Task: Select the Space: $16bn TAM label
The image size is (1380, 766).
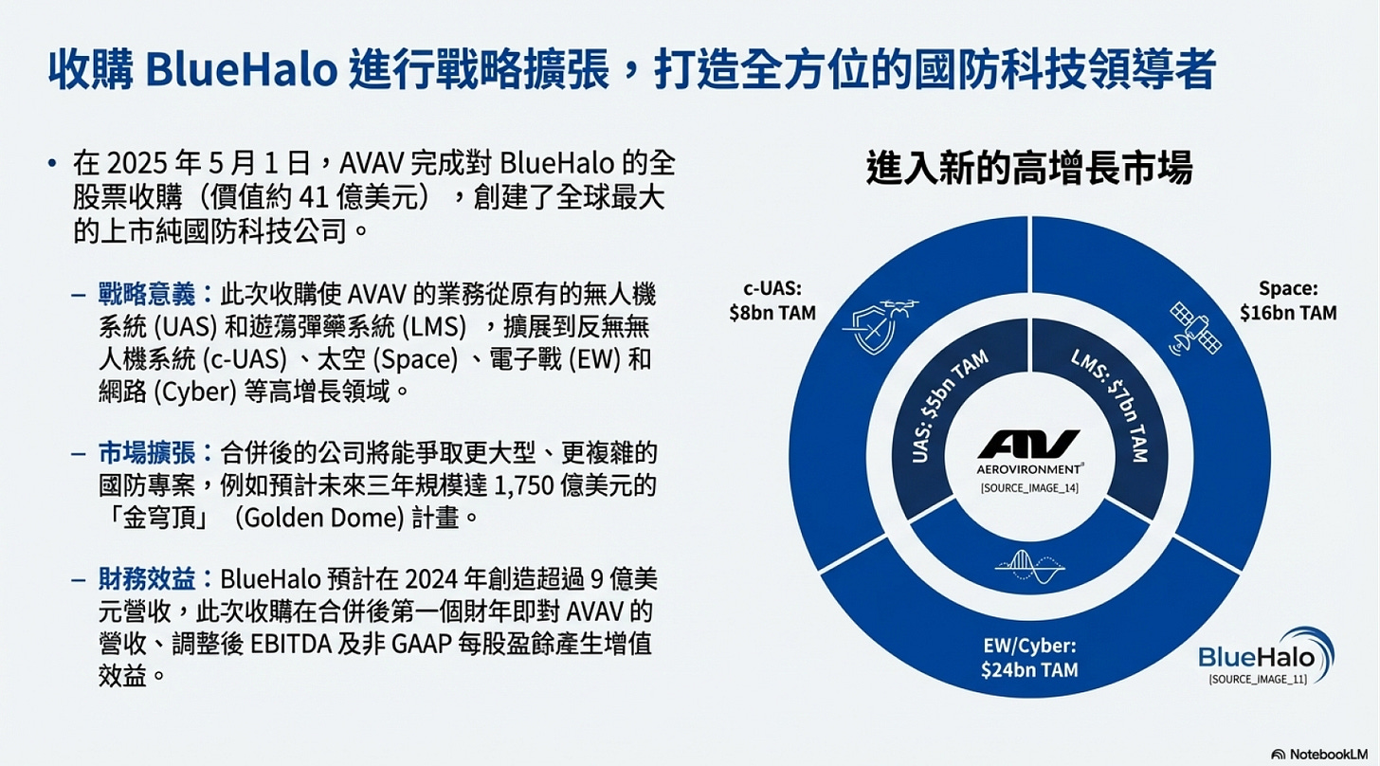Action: [x=1288, y=301]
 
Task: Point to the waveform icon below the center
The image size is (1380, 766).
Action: [x=1029, y=566]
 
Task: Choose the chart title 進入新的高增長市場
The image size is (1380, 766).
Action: [x=1028, y=169]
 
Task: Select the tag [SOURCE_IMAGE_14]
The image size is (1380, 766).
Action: [x=1028, y=488]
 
